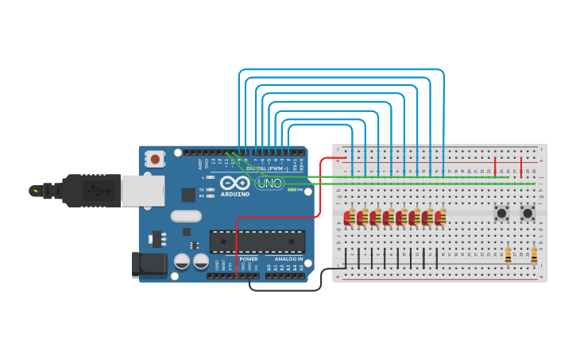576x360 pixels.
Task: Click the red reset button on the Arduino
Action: coord(155,160)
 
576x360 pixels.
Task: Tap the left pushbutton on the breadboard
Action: coord(501,213)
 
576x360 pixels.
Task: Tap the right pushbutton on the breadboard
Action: coord(528,213)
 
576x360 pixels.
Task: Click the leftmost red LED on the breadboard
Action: coord(347,217)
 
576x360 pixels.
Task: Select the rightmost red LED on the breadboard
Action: coord(439,217)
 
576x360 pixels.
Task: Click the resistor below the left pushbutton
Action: coord(508,255)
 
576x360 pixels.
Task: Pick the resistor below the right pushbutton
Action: coord(534,255)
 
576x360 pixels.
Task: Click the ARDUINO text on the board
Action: coord(235,194)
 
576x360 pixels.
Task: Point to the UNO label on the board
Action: coord(270,184)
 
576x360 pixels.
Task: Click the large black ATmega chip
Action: coord(257,242)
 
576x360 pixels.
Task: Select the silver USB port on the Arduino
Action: coord(143,191)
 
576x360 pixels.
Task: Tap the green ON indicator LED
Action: coord(292,189)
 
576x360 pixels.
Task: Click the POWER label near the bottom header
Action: coord(249,258)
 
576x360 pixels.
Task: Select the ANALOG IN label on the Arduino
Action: coord(288,258)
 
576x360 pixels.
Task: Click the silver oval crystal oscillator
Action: coord(186,215)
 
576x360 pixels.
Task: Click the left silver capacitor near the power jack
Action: coord(182,261)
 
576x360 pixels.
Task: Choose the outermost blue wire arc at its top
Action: coord(342,70)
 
